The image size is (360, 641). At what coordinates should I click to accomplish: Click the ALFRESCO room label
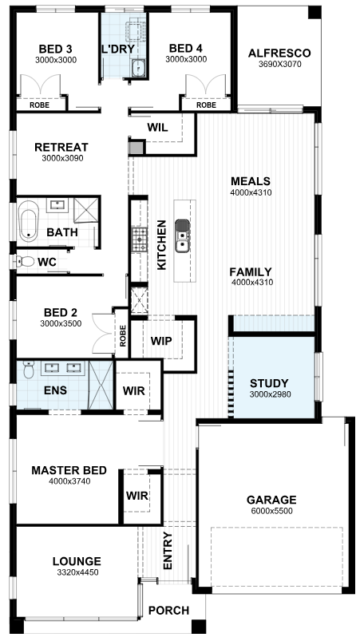[279, 53]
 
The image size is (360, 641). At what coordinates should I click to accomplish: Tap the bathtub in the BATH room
[28, 221]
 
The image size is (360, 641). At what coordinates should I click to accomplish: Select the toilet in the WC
[25, 261]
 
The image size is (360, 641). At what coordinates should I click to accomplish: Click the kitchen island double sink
[182, 235]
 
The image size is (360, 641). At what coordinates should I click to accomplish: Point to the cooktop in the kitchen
[139, 239]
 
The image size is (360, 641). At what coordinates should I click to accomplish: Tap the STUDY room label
[269, 384]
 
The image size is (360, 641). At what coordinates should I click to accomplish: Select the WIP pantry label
[161, 341]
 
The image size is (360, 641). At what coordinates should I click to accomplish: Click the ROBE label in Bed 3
[40, 105]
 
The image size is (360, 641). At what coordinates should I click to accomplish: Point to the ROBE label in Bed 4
[207, 105]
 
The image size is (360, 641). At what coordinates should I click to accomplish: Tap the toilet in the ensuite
[29, 369]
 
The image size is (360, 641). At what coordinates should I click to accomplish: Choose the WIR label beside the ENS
[134, 391]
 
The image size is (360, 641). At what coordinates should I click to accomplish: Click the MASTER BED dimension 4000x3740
[69, 481]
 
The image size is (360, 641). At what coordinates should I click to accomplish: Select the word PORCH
[168, 611]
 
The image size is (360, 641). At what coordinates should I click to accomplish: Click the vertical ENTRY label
[168, 551]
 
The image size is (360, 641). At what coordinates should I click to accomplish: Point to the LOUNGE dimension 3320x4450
[77, 572]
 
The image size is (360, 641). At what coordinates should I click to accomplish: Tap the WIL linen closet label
[157, 128]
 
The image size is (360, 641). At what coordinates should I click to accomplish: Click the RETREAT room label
[61, 147]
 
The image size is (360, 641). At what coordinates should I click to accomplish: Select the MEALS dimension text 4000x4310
[251, 192]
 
